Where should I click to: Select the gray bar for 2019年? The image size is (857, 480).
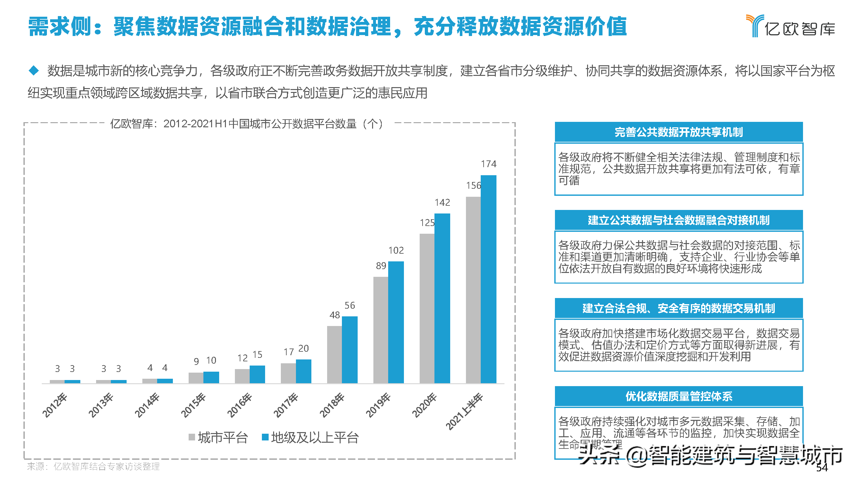tap(380, 330)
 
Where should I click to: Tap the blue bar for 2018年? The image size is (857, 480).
tap(350, 349)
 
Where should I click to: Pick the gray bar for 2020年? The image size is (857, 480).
tap(427, 308)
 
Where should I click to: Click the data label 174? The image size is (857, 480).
tap(488, 164)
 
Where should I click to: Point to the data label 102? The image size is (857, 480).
tap(396, 250)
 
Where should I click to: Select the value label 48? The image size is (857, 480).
tap(335, 315)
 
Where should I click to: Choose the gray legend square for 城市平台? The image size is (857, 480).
tap(192, 437)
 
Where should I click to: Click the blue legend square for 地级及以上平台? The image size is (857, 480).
tap(265, 437)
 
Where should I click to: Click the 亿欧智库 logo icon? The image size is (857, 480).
tap(754, 25)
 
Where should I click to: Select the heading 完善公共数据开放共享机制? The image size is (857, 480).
tap(678, 132)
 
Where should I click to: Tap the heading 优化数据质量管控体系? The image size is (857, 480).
tap(678, 396)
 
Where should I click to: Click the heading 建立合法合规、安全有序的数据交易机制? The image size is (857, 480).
tap(678, 308)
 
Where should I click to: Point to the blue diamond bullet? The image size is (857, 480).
tap(34, 70)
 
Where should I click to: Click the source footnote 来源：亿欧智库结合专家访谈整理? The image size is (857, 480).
tap(93, 466)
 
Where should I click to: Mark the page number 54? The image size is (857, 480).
tap(822, 468)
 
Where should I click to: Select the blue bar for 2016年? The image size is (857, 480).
tap(257, 374)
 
